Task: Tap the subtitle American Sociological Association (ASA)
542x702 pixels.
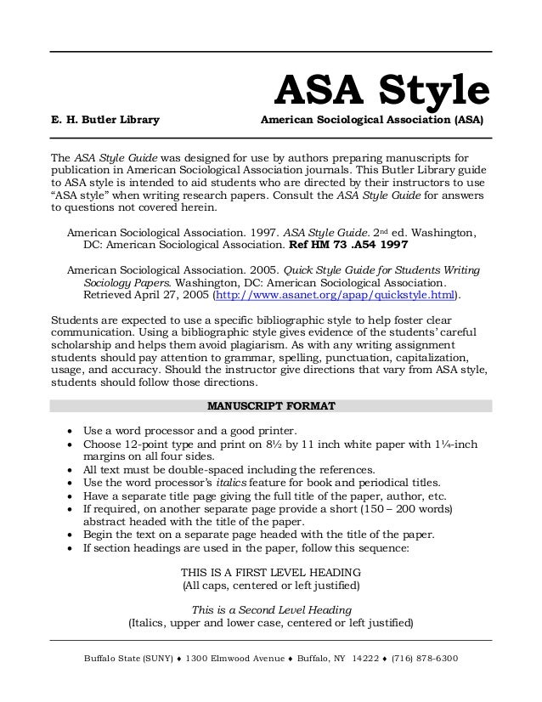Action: tap(372, 122)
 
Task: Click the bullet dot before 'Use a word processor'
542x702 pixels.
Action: tap(70, 428)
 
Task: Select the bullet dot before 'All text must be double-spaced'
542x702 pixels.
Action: tap(70, 470)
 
